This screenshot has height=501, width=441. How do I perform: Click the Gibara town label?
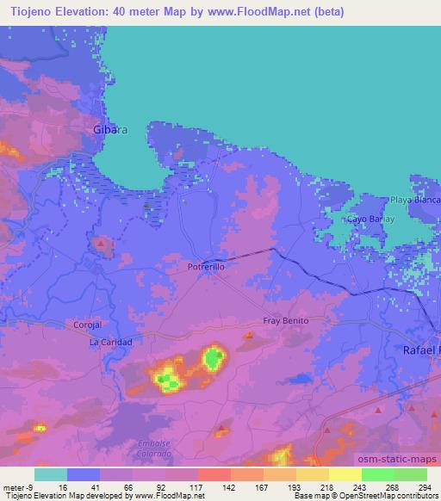(x=110, y=130)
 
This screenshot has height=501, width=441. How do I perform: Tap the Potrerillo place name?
(x=207, y=268)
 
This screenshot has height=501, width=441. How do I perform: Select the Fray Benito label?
(x=285, y=319)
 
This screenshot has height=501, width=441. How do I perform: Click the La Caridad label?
(x=111, y=342)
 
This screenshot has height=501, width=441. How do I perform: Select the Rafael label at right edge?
(x=422, y=350)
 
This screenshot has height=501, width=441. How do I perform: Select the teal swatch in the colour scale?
(x=51, y=474)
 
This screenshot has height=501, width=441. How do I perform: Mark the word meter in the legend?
(x=15, y=487)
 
